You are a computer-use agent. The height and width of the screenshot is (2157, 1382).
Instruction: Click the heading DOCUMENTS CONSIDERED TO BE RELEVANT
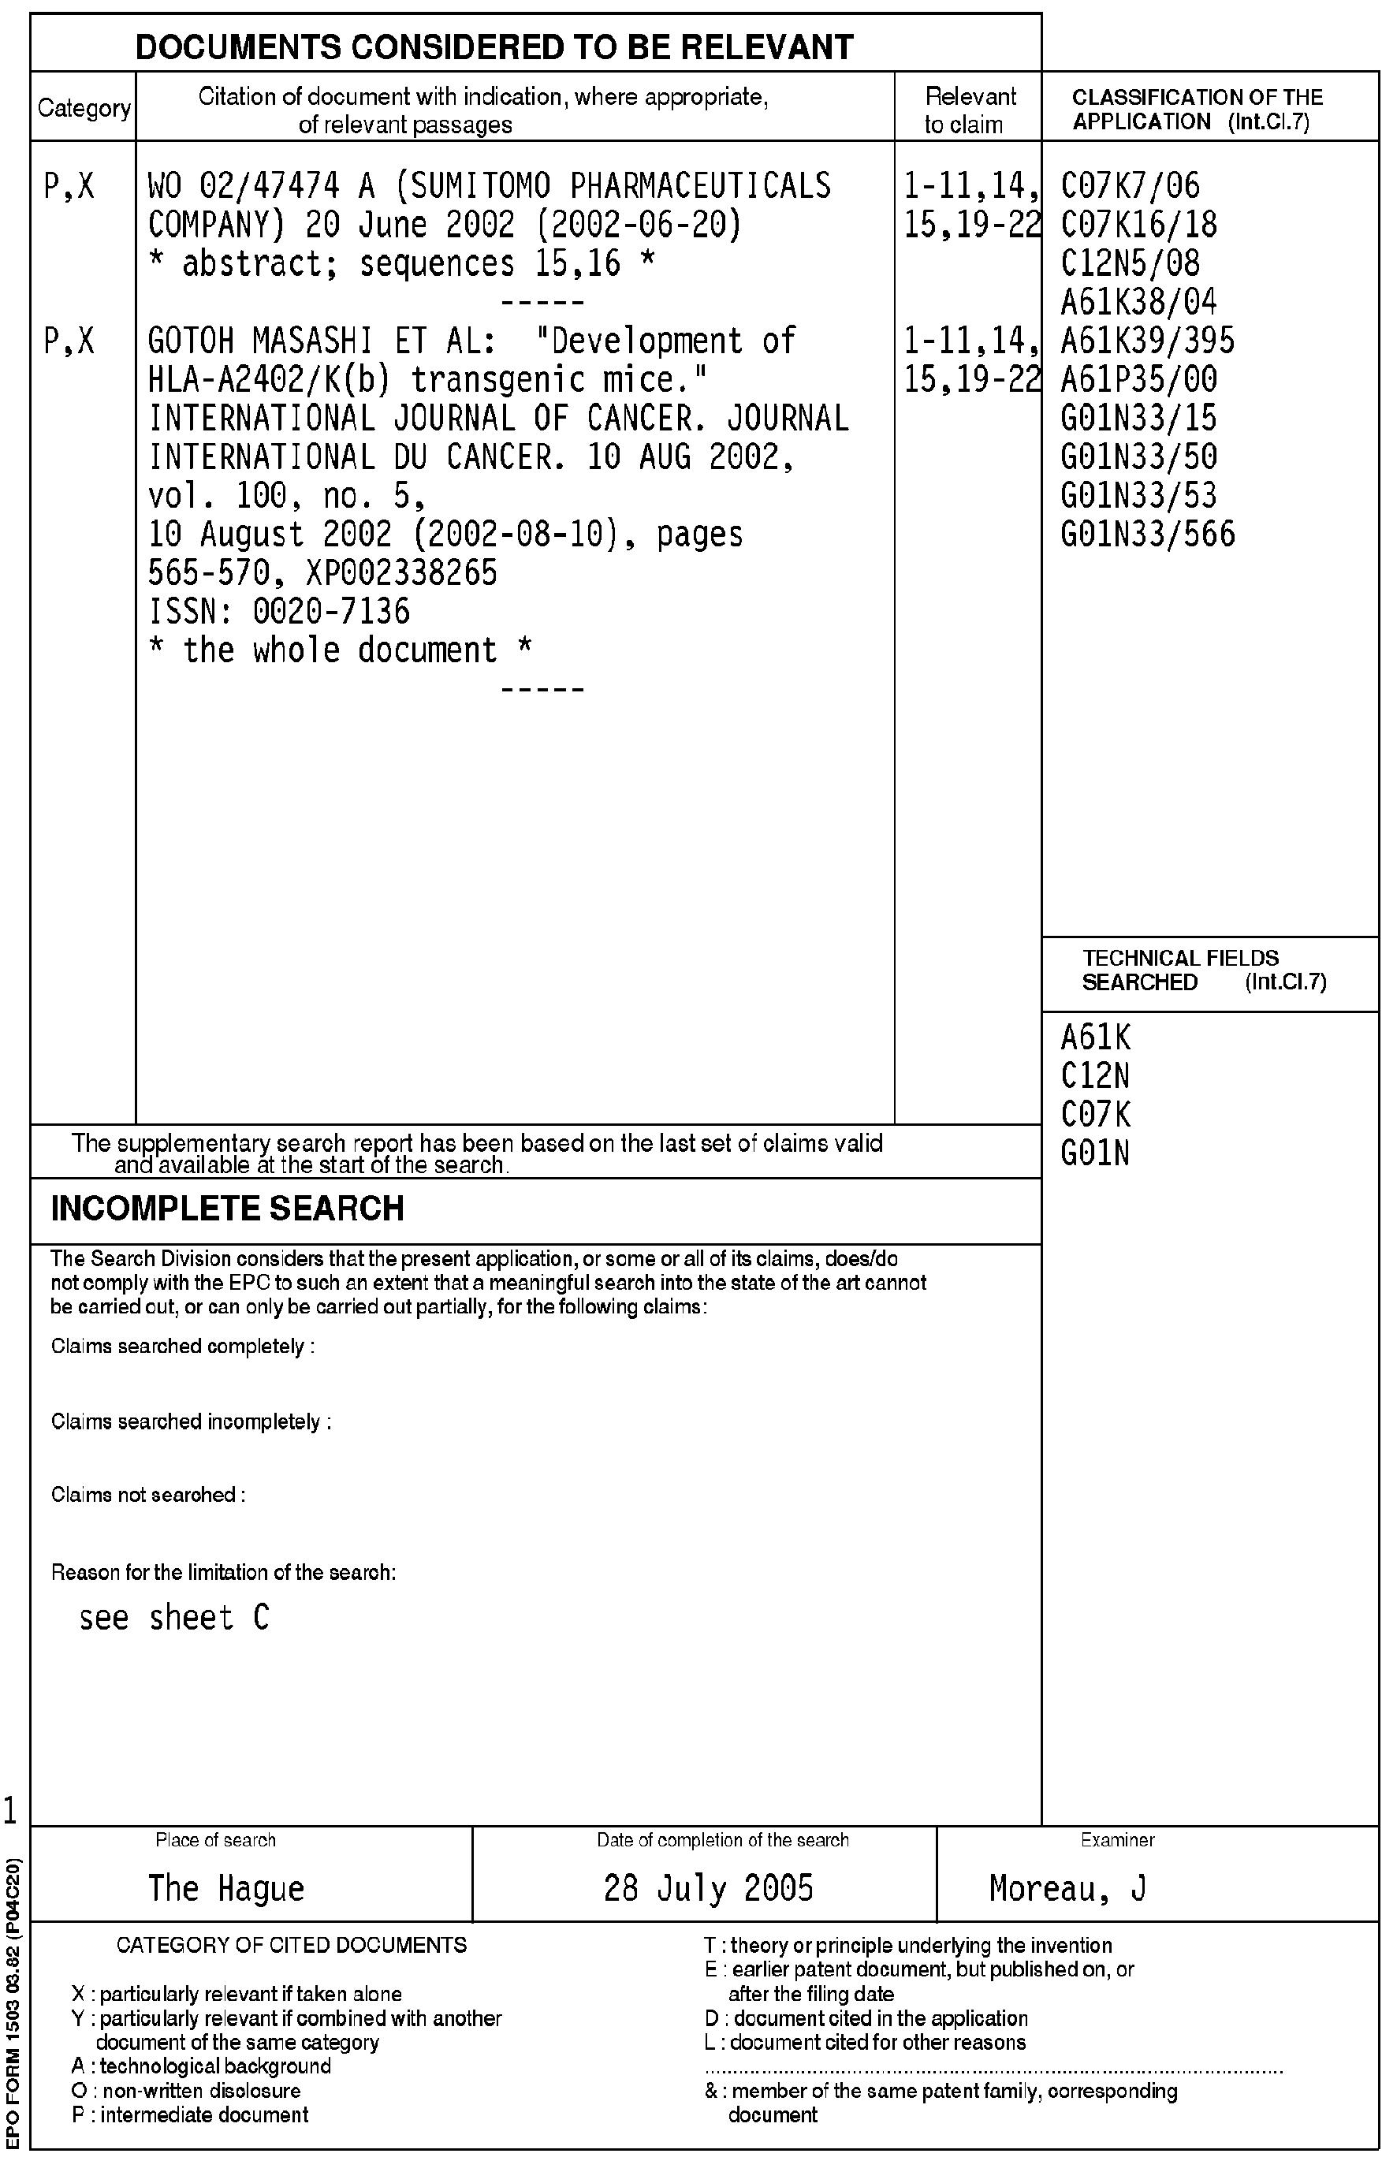click(x=494, y=47)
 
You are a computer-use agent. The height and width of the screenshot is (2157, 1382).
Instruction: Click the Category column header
click(x=84, y=109)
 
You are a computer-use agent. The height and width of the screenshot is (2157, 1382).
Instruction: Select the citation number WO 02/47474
click(x=243, y=187)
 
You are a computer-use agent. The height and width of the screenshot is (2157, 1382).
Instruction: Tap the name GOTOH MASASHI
click(x=263, y=341)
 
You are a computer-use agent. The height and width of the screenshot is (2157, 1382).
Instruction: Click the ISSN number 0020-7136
click(x=331, y=612)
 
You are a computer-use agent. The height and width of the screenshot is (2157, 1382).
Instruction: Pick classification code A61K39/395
click(x=1147, y=341)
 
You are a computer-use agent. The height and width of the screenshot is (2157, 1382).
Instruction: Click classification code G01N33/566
click(x=1147, y=535)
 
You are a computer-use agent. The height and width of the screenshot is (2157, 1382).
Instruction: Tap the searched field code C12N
click(x=1095, y=1076)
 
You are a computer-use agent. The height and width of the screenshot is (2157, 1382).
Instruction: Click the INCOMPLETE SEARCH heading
click(x=227, y=1209)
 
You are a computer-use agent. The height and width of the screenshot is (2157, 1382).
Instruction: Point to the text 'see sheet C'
click(x=174, y=1618)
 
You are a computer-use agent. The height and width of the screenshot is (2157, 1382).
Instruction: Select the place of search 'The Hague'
click(x=226, y=1888)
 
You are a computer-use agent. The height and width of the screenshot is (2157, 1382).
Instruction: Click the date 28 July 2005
click(x=708, y=1888)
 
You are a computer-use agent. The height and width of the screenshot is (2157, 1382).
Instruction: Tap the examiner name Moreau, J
click(x=1067, y=1888)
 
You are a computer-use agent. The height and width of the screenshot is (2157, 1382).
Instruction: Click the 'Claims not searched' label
click(x=148, y=1495)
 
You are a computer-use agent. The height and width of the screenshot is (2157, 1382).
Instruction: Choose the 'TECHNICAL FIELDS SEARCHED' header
click(x=1181, y=970)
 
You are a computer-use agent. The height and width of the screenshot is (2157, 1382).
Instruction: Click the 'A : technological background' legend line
click(x=201, y=2066)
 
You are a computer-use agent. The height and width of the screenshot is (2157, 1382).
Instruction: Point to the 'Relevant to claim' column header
click(x=969, y=110)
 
